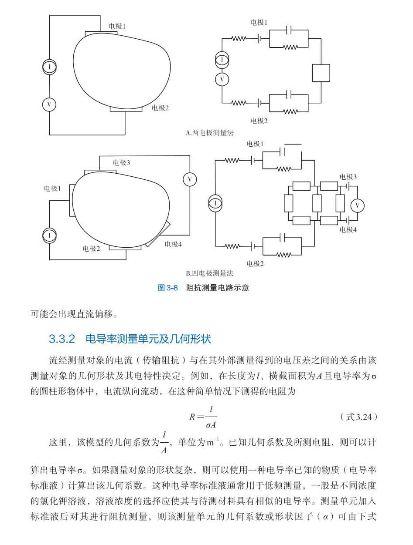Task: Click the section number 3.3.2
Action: [x=61, y=339]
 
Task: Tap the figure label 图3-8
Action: [x=168, y=288]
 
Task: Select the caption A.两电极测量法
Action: [x=210, y=133]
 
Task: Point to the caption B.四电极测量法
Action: [x=210, y=273]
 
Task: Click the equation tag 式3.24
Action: [x=359, y=417]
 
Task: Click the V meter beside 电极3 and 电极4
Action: [x=358, y=205]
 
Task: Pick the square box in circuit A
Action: [x=321, y=73]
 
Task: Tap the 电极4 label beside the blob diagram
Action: [x=173, y=244]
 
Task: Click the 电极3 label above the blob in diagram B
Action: [x=121, y=163]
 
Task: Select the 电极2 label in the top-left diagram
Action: [x=160, y=108]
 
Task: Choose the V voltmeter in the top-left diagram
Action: [x=49, y=104]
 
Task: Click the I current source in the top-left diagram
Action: [x=49, y=67]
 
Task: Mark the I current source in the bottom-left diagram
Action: [x=49, y=236]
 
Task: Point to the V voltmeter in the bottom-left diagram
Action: [x=190, y=179]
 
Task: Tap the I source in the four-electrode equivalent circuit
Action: [x=215, y=204]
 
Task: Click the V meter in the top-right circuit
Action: [x=222, y=80]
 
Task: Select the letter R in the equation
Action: [x=192, y=417]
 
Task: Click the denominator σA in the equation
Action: [x=211, y=425]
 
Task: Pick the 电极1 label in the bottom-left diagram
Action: [x=52, y=188]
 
